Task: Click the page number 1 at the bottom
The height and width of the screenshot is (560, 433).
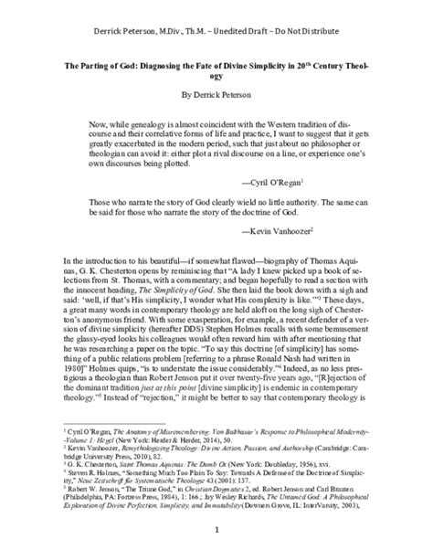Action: point(216,527)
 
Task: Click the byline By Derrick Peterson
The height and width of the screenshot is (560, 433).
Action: point(216,93)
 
